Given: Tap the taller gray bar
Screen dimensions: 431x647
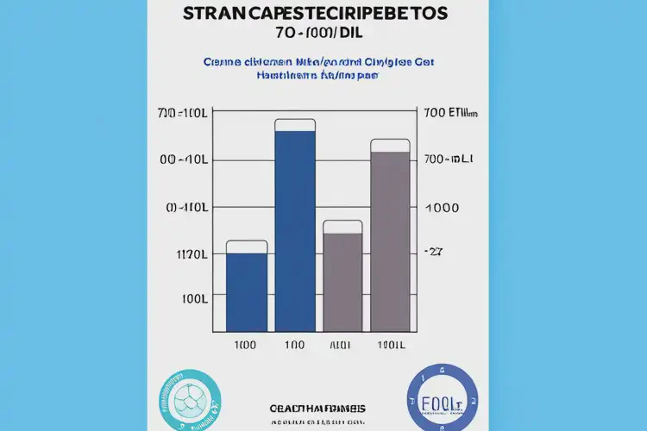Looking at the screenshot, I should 390,241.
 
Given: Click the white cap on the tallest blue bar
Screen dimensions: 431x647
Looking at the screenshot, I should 295,125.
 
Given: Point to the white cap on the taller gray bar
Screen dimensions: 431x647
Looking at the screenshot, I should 390,146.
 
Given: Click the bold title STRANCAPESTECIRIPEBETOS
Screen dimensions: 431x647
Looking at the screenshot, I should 316,15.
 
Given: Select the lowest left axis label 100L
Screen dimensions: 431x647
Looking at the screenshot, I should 193,299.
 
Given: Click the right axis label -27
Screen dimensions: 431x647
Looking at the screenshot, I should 432,252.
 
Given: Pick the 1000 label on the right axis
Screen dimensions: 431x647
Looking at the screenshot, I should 441,208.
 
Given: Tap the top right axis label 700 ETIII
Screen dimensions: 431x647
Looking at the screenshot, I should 450,113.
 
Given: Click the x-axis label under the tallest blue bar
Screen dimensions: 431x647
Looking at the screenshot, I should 295,346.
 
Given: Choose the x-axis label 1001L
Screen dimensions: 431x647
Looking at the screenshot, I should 391,346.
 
